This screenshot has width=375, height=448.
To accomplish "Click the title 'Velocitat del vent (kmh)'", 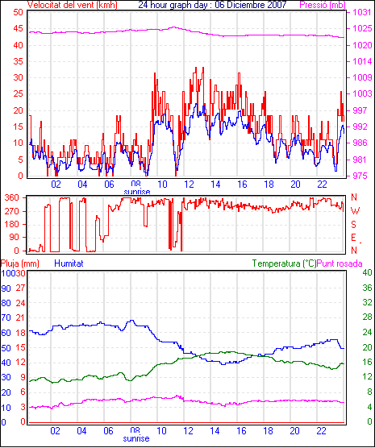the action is (x=73, y=5).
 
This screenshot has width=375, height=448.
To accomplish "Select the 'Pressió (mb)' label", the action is (x=323, y=5).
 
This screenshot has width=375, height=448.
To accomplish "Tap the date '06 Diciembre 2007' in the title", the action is (x=251, y=5).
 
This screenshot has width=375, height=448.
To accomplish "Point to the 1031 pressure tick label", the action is (x=362, y=12).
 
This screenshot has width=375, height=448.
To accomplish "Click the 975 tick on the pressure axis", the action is (x=360, y=176).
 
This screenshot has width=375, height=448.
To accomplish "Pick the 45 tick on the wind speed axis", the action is (x=19, y=28).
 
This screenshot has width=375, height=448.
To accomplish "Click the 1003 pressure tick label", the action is (x=362, y=93).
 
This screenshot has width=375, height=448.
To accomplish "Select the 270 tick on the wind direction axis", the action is (x=12, y=211).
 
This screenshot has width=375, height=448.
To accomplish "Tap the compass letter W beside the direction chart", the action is (x=355, y=211).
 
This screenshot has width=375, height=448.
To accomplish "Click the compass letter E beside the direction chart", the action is (x=353, y=238).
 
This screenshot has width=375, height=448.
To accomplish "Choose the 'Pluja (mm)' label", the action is (x=19, y=263).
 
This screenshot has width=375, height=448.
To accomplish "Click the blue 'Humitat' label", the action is (x=69, y=263).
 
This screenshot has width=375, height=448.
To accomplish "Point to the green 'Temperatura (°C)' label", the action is (x=285, y=263).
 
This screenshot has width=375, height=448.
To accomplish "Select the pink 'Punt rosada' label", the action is (x=340, y=263).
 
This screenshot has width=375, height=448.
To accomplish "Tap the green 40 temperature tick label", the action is (x=367, y=272).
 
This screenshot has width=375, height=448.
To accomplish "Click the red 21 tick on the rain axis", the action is (x=20, y=317).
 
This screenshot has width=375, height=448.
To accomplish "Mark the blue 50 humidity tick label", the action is (x=6, y=348).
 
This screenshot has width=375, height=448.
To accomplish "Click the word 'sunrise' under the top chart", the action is (x=137, y=192).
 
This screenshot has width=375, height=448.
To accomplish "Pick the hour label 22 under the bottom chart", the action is (x=322, y=430).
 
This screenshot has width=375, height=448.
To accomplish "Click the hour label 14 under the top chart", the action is (x=215, y=185).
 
